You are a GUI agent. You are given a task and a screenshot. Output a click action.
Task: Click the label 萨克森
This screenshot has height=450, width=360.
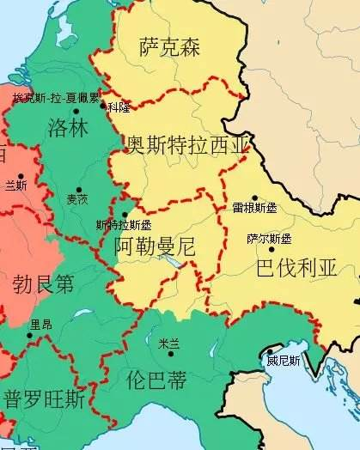tap(169, 47)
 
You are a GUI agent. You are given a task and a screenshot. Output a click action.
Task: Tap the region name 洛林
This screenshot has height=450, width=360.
tap(70, 129)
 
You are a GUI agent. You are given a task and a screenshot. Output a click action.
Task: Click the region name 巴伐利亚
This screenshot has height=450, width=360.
tap(296, 268)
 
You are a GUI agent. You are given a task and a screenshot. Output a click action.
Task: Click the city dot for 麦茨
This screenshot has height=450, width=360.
tap(79, 190)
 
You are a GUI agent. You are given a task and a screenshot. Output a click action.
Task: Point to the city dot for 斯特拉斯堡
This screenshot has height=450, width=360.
tap(125, 215)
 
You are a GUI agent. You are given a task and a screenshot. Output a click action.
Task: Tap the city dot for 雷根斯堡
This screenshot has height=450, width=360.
tap(254, 198)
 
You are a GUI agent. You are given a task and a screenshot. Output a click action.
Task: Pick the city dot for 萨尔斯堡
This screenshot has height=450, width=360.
tap(272, 249)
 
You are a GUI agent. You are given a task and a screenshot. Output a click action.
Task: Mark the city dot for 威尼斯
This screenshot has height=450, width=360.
tap(269, 351)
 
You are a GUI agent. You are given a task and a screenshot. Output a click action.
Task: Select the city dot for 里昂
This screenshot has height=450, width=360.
tap(29, 335)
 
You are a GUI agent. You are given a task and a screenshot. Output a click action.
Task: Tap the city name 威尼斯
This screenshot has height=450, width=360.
tap(283, 362)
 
